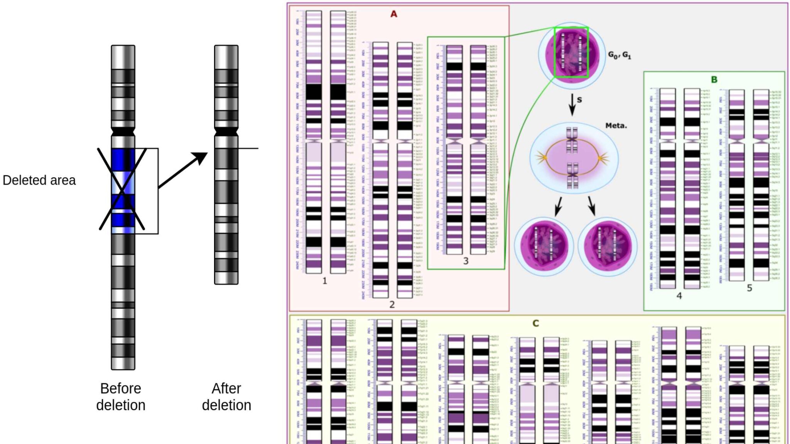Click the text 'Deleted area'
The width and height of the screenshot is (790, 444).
click(x=39, y=180)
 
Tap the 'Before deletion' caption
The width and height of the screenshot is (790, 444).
click(x=121, y=397)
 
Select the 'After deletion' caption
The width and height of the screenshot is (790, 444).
click(x=226, y=397)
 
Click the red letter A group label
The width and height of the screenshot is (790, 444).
click(x=393, y=14)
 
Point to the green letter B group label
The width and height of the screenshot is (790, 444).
click(x=714, y=80)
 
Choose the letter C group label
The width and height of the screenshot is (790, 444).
click(x=535, y=323)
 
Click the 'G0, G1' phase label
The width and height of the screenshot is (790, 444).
click(x=620, y=55)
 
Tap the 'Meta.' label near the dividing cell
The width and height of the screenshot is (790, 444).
click(x=616, y=126)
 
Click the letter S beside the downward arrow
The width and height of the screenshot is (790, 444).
click(x=579, y=100)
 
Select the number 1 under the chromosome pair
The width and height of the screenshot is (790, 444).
click(x=324, y=281)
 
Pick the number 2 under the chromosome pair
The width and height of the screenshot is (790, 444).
click(x=392, y=304)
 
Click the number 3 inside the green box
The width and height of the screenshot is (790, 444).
click(x=466, y=261)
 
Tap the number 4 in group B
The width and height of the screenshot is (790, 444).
click(x=679, y=296)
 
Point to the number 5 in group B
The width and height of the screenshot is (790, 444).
click(x=749, y=288)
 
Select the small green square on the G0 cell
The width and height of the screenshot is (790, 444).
click(x=571, y=52)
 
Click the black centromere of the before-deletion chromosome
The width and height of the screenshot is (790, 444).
click(x=123, y=131)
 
